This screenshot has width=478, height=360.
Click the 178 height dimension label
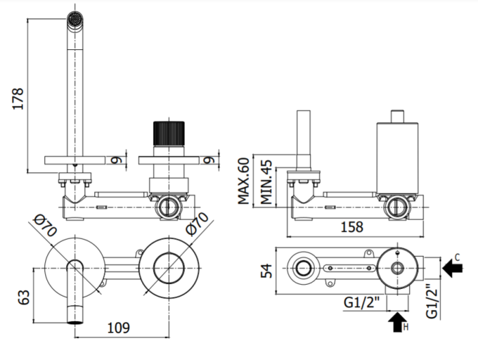point(18,98)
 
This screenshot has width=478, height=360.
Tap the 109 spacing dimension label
point(119,328)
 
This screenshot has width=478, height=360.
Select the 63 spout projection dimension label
point(24,297)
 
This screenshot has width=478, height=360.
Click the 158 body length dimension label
point(352,227)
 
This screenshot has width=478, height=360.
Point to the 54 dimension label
point(266,271)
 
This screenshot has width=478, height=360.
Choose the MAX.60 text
point(244,180)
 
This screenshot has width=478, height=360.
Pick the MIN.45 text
point(266,182)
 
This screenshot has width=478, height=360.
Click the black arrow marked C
point(452,268)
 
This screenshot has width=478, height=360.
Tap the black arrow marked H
point(397,322)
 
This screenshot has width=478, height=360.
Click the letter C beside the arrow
point(457,258)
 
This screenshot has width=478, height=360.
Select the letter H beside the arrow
point(406,327)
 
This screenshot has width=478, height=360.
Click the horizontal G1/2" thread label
point(361,303)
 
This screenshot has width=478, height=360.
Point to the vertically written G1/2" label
point(432,301)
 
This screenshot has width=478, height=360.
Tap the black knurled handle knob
point(169,134)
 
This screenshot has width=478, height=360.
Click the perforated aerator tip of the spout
point(75,20)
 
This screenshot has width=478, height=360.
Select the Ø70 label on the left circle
point(45,225)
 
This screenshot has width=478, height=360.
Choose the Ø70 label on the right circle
point(197,223)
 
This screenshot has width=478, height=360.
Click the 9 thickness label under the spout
point(116,160)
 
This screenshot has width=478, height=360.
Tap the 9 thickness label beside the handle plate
point(209,160)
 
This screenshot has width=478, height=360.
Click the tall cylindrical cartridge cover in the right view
point(397,157)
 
